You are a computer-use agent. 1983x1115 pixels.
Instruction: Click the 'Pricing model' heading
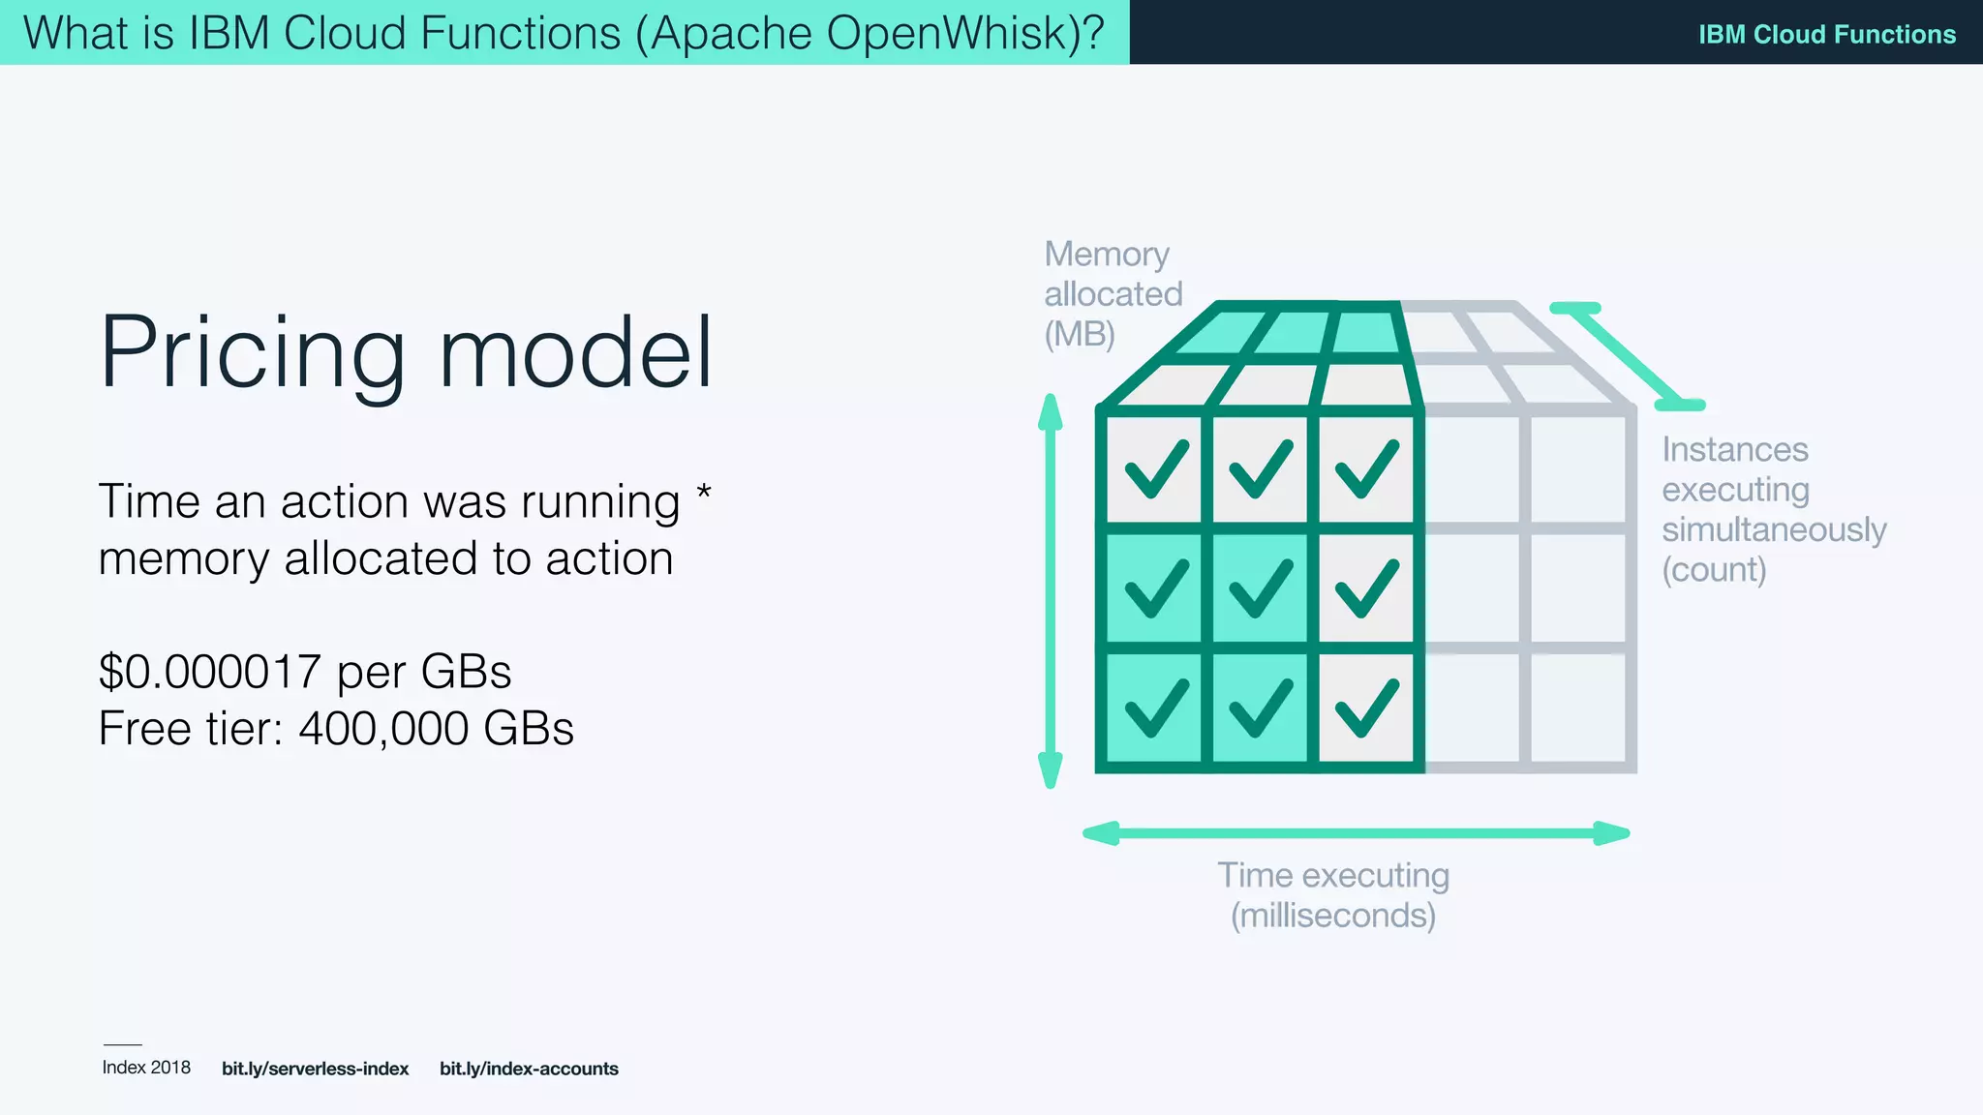click(x=406, y=353)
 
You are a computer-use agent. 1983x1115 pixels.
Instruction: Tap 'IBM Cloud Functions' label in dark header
click(x=1826, y=34)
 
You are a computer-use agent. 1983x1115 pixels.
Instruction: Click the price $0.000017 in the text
click(x=209, y=672)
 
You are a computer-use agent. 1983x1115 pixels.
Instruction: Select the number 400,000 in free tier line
click(x=384, y=729)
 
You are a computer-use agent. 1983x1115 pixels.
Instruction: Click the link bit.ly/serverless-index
click(x=315, y=1069)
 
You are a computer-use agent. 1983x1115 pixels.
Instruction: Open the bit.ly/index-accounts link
click(x=529, y=1069)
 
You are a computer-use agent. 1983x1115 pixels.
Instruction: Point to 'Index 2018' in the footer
click(x=146, y=1068)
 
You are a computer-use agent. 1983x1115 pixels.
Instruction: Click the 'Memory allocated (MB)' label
click(x=1112, y=293)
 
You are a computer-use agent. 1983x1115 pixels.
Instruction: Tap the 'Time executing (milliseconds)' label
click(x=1333, y=895)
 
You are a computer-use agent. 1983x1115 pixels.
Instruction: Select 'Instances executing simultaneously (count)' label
click(x=1773, y=509)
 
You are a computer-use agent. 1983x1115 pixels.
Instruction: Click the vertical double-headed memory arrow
click(x=1050, y=590)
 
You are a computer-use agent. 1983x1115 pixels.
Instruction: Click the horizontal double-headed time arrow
click(x=1356, y=833)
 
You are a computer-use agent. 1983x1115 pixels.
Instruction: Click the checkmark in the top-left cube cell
click(x=1156, y=469)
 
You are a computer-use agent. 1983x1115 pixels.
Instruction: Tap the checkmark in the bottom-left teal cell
click(x=1156, y=708)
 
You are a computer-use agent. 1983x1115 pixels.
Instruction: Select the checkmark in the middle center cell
click(x=1260, y=588)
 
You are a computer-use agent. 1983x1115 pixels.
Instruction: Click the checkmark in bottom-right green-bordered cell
click(x=1366, y=708)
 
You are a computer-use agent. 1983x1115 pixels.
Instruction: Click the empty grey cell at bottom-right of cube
click(x=1578, y=708)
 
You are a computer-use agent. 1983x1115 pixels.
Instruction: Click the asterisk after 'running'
click(x=704, y=494)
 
